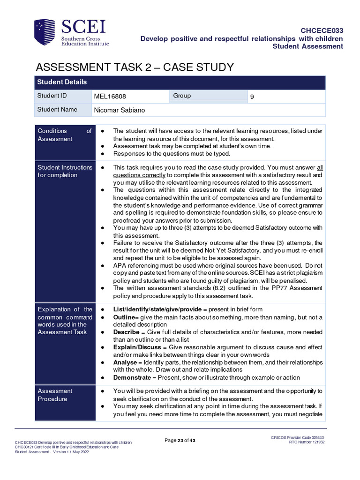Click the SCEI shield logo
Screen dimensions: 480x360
(x=45, y=32)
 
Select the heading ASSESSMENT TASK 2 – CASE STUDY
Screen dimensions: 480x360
(x=135, y=67)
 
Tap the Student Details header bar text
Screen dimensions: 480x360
(x=62, y=82)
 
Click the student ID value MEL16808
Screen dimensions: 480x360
(x=110, y=97)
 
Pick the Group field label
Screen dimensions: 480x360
(x=182, y=96)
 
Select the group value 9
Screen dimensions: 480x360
(x=252, y=97)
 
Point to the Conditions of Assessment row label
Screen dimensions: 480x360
(x=64, y=135)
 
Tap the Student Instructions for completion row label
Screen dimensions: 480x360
(x=65, y=171)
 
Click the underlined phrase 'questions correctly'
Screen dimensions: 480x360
(x=139, y=175)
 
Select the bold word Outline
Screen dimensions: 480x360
(x=124, y=317)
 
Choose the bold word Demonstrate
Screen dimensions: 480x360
(x=133, y=377)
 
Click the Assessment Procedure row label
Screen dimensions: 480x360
(x=55, y=395)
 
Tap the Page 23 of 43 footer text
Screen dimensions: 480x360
(x=180, y=440)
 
